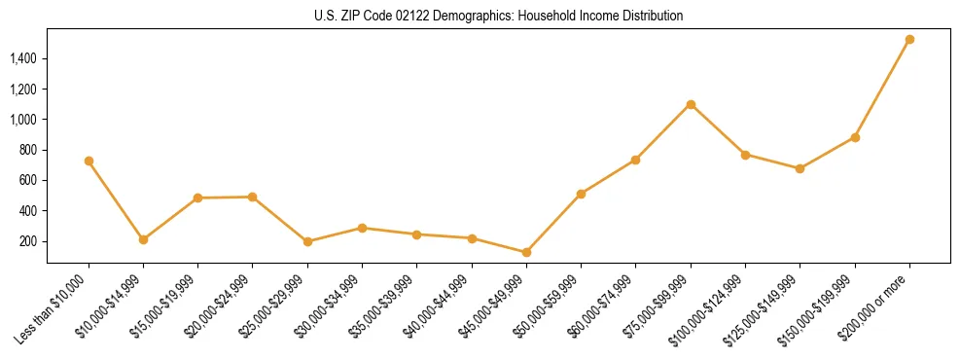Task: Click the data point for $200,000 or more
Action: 909,40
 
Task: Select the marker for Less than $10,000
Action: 89,161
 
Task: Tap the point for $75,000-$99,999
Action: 691,104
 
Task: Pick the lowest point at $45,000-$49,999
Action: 526,252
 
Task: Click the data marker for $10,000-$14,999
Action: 143,239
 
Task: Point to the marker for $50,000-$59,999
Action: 581,194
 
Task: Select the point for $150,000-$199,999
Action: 855,137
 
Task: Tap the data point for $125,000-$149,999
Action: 800,168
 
